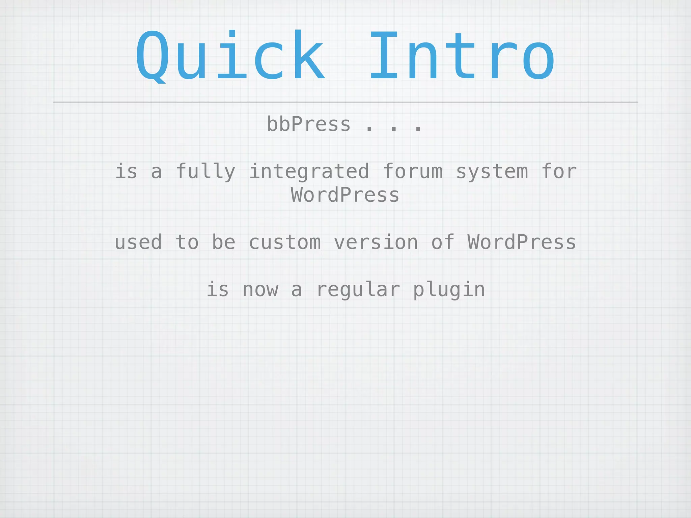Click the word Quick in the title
[x=230, y=56]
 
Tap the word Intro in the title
[x=462, y=56]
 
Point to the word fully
[x=205, y=172]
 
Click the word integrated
[x=309, y=172]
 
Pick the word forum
[x=413, y=172]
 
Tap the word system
[x=492, y=172]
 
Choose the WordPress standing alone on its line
[x=345, y=195]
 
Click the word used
[x=138, y=242]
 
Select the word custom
[x=285, y=242]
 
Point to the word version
[x=376, y=242]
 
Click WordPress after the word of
[x=522, y=242]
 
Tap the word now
[x=260, y=290]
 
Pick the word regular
[x=358, y=290]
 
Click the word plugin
[x=449, y=290]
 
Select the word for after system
[x=559, y=172]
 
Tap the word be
[x=223, y=242]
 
